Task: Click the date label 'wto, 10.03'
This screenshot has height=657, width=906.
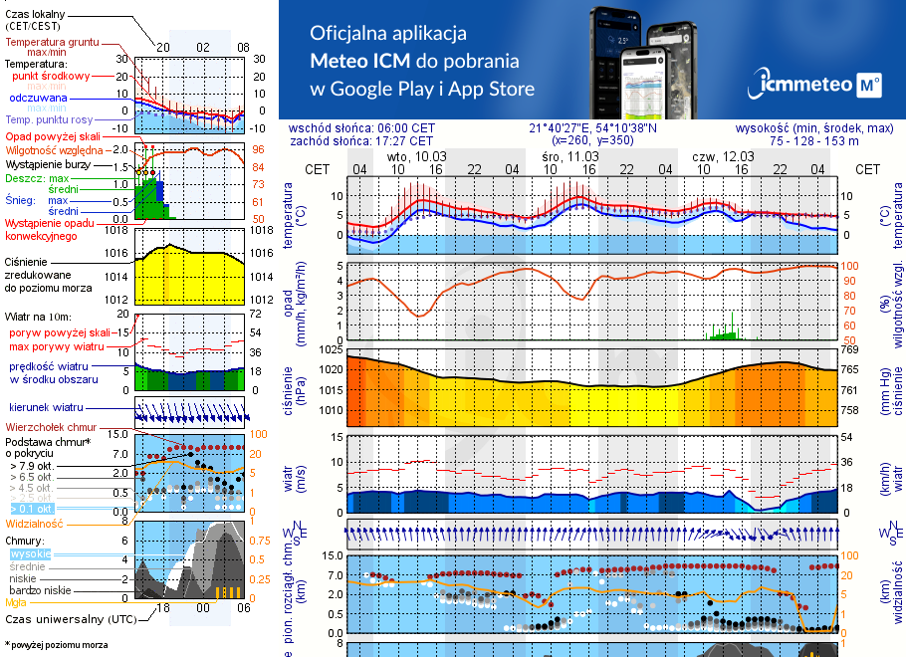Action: (x=417, y=156)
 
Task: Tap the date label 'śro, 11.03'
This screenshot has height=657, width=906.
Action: (x=570, y=156)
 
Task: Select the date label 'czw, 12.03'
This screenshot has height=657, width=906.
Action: (x=724, y=156)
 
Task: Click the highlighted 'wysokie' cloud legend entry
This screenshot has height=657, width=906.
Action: (x=30, y=553)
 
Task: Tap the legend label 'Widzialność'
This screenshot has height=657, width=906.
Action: (x=35, y=523)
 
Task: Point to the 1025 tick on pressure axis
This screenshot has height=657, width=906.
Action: (x=330, y=349)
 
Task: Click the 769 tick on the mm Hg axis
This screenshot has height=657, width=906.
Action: (x=849, y=349)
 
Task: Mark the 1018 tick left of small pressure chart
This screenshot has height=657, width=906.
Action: (x=118, y=230)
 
